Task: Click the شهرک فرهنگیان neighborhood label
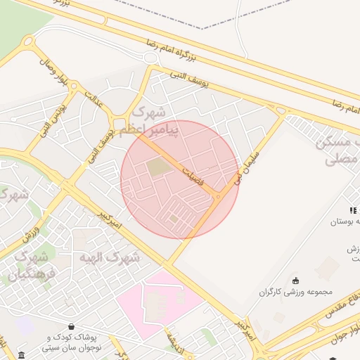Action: [x=30, y=266]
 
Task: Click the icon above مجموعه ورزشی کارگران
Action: [x=295, y=281]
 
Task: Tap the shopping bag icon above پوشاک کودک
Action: [x=72, y=326]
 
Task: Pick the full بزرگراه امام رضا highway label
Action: [x=179, y=50]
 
